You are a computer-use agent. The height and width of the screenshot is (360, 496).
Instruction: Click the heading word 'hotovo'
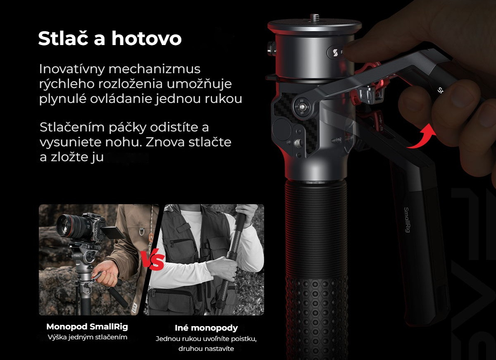pyautogui.click(x=146, y=38)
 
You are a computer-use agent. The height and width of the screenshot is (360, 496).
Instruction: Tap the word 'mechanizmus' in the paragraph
pyautogui.click(x=154, y=69)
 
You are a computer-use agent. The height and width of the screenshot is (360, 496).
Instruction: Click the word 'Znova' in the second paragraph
pyautogui.click(x=165, y=142)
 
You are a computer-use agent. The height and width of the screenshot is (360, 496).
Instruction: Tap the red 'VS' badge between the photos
pyautogui.click(x=153, y=260)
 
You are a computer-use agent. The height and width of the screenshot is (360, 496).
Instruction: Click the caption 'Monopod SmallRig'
pyautogui.click(x=87, y=327)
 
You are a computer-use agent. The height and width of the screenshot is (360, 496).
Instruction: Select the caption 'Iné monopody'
pyautogui.click(x=206, y=328)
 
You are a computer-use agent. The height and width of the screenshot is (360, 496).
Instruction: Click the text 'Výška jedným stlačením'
pyautogui.click(x=88, y=337)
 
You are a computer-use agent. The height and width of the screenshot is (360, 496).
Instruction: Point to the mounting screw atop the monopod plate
pyautogui.click(x=315, y=18)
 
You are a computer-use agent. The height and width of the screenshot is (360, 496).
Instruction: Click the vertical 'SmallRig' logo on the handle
pyautogui.click(x=407, y=220)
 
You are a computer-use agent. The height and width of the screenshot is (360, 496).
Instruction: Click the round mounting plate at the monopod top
pyautogui.click(x=315, y=26)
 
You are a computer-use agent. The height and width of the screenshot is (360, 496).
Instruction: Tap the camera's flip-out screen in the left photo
pyautogui.click(x=112, y=233)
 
